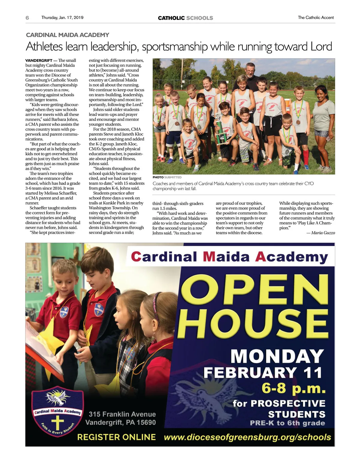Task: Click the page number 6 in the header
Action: [27, 18]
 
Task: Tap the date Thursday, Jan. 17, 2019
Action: [62, 18]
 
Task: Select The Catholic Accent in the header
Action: [316, 18]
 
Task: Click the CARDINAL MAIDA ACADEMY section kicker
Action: [67, 35]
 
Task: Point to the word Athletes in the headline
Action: [44, 47]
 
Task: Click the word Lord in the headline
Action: [321, 47]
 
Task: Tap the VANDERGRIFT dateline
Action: [39, 61]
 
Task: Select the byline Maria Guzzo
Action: [323, 233]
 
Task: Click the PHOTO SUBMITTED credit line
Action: [167, 177]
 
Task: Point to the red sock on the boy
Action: [306, 157]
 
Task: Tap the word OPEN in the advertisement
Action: [255, 290]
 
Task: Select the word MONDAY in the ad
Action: [277, 356]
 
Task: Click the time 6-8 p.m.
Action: [293, 388]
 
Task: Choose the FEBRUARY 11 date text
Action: [263, 373]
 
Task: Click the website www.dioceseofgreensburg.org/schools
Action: [247, 437]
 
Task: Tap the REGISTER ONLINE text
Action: [116, 437]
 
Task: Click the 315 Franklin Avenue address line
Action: [122, 414]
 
